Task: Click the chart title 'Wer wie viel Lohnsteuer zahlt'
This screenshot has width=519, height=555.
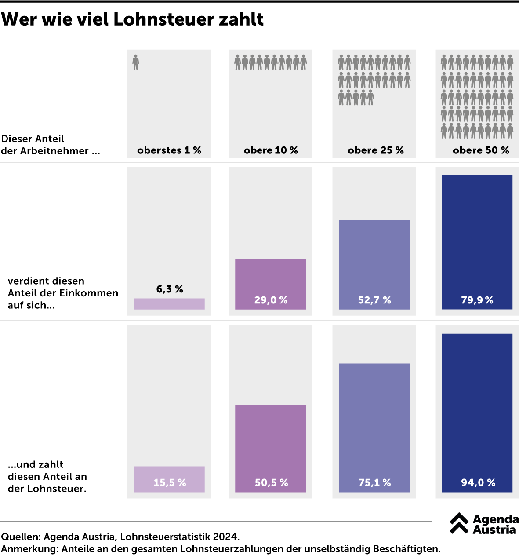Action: [132, 19]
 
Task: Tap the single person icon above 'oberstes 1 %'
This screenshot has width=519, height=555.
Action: [136, 62]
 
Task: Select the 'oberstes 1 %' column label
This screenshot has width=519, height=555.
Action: [169, 150]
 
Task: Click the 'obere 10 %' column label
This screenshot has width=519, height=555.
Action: [271, 150]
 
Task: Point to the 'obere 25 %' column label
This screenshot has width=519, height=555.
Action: [375, 150]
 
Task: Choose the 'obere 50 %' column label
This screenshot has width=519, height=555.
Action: [481, 150]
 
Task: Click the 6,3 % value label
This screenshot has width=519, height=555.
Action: [170, 289]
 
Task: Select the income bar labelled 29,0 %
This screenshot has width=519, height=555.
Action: [271, 284]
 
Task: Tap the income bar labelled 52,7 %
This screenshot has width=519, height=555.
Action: [374, 264]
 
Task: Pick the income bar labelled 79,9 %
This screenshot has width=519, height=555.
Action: [477, 242]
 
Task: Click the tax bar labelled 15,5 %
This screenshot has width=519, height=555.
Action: [169, 479]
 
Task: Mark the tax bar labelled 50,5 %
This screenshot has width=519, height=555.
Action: [271, 448]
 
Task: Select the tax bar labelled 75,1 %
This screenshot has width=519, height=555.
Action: [374, 427]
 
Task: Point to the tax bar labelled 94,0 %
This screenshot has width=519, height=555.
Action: [477, 413]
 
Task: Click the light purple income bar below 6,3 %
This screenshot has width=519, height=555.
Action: [169, 304]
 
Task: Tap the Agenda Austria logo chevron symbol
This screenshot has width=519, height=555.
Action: [459, 523]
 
